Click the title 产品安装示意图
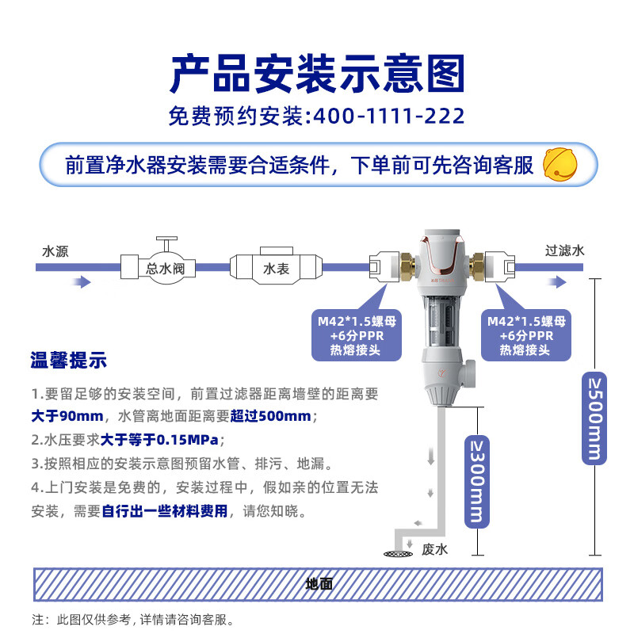click(x=317, y=73)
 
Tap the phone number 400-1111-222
click(x=389, y=117)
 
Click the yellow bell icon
click(x=560, y=164)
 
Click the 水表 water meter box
click(x=276, y=269)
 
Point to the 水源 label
click(x=55, y=251)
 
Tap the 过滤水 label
click(x=564, y=250)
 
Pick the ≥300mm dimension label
click(x=474, y=482)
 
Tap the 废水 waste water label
click(x=436, y=548)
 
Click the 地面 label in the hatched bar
click(x=319, y=585)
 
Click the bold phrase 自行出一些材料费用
click(x=165, y=511)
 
